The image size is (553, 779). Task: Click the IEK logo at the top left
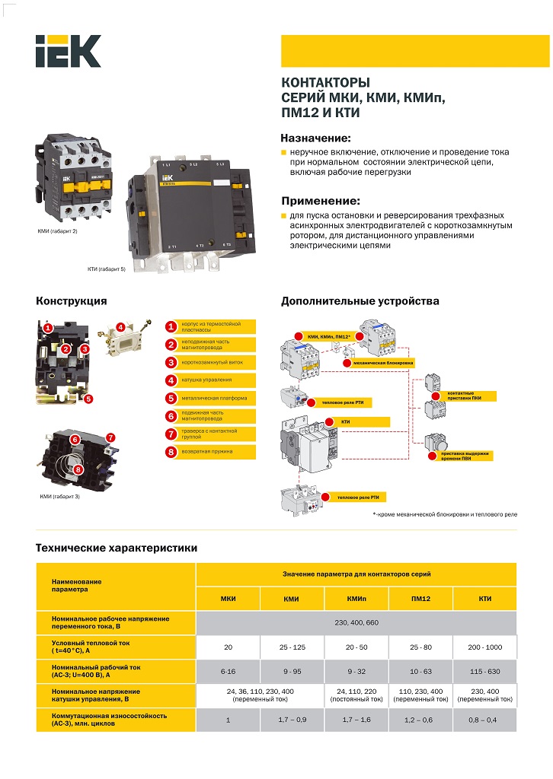tap(67, 51)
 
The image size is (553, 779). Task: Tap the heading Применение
tap(320, 201)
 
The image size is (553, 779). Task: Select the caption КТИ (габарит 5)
tap(106, 269)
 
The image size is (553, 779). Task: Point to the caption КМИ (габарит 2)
tap(58, 231)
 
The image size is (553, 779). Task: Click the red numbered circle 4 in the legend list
tap(171, 380)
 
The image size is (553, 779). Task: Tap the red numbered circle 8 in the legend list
tap(171, 452)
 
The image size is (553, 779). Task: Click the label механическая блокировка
tap(384, 364)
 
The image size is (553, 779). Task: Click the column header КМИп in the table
tap(356, 599)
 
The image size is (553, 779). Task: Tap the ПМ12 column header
tap(420, 599)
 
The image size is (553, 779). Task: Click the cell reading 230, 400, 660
tap(356, 623)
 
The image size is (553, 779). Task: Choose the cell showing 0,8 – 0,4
tap(485, 719)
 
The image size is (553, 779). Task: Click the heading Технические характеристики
tap(117, 548)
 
